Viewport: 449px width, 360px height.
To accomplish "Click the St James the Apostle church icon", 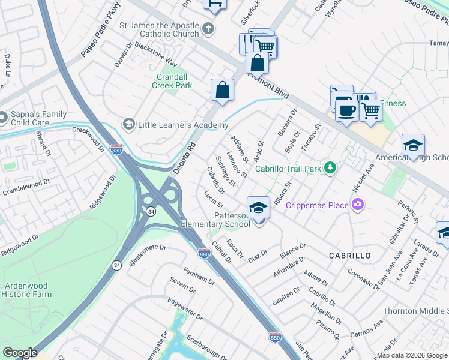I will [x=208, y=29].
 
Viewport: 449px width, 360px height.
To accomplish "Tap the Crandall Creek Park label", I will [x=174, y=81].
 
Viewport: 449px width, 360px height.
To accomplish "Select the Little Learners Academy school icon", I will [x=128, y=124].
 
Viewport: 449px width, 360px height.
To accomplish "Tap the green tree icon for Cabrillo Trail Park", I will [x=329, y=168].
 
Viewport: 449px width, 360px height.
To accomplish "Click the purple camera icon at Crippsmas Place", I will [x=358, y=205].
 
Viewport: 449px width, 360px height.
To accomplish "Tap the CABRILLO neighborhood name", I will [x=349, y=256].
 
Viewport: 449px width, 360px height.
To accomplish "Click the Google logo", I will [x=19, y=352].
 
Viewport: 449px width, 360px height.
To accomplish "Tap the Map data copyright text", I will [x=412, y=355].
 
